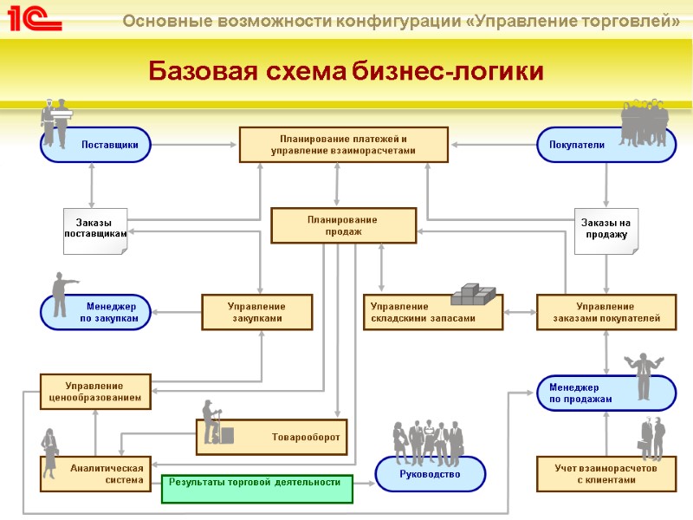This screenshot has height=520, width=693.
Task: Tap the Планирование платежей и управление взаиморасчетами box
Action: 343,145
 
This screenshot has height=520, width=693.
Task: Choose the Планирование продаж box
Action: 343,225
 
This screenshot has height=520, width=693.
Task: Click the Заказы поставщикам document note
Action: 95,231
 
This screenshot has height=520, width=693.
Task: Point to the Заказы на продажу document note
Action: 606,231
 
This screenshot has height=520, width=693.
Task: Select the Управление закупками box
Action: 256,312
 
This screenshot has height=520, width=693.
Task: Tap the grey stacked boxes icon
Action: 473,296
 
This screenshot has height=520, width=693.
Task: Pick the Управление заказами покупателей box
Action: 606,312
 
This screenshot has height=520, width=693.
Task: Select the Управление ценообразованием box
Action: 95,392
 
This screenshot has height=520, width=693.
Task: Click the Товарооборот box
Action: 286,437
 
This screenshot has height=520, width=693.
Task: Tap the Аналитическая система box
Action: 95,473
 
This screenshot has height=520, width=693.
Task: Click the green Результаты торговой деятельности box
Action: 257,489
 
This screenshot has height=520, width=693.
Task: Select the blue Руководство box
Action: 430,474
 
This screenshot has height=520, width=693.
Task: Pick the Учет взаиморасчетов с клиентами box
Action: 606,473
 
